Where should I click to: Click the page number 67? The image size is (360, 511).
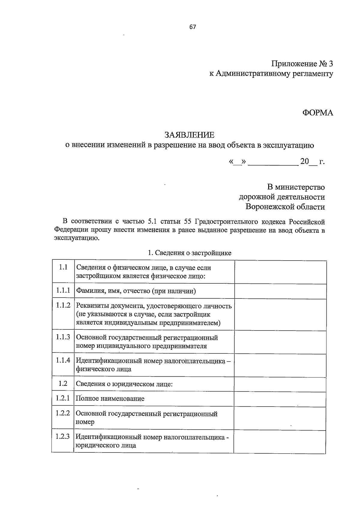point(193,27)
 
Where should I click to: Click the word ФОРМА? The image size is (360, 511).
point(317,113)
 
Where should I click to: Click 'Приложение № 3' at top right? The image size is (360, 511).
point(302,64)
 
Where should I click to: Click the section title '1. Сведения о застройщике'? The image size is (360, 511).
point(190,253)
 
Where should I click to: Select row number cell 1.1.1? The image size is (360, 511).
point(63,290)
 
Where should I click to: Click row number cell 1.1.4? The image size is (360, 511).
point(63,360)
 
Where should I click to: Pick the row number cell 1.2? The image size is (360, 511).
point(63,384)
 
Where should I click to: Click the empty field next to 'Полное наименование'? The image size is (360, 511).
point(280,399)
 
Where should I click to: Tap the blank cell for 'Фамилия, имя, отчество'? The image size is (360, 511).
point(280,291)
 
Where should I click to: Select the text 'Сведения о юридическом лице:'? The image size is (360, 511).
point(124,384)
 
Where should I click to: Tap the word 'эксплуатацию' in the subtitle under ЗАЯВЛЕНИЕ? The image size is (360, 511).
point(288,146)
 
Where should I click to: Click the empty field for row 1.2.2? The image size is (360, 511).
point(280,418)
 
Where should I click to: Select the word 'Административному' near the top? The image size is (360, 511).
point(253,74)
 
